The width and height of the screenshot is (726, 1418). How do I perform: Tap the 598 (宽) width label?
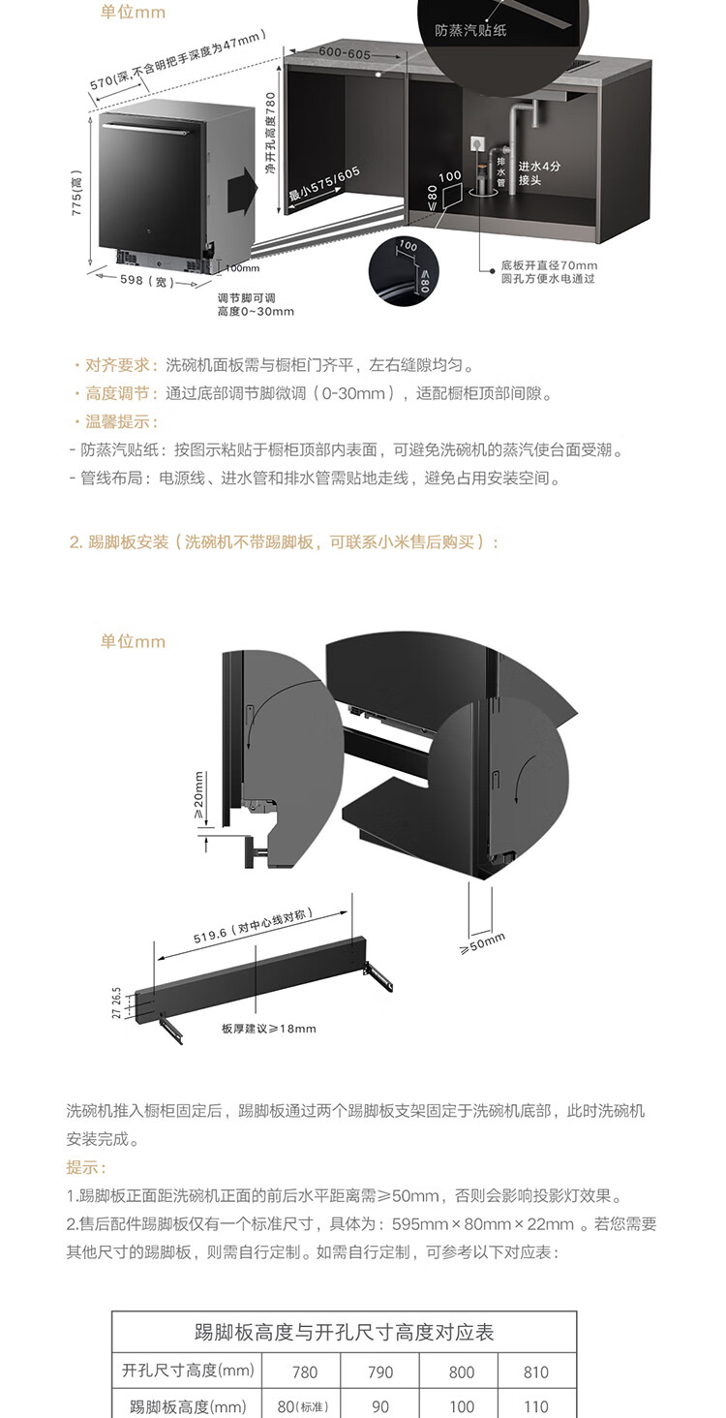coord(146,281)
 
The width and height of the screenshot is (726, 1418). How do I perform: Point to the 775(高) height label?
coord(77,194)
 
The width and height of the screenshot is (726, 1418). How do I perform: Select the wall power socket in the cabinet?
coord(475,141)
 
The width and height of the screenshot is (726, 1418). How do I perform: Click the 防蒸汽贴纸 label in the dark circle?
coord(470,31)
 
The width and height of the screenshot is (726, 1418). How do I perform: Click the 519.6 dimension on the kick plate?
coord(257,928)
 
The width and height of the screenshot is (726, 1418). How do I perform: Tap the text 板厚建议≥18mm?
coord(268,1028)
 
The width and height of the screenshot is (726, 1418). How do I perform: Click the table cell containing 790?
coord(380,1372)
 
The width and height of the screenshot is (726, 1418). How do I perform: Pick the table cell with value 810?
coord(535,1372)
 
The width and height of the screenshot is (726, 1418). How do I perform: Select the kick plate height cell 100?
coord(461,1406)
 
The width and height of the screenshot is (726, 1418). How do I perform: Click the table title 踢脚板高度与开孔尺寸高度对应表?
coord(344,1333)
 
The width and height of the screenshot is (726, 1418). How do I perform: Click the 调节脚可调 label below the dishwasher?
coord(248,297)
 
